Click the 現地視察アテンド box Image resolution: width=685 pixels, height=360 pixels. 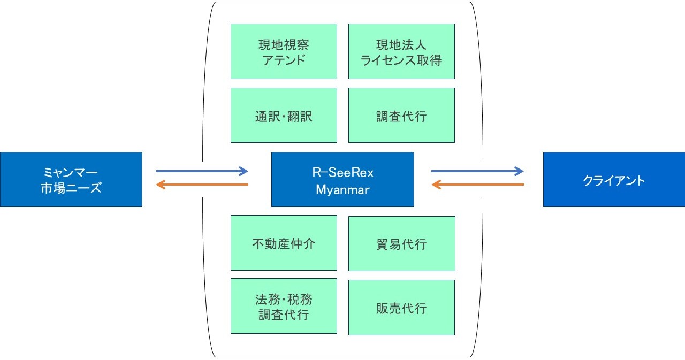pyautogui.click(x=284, y=51)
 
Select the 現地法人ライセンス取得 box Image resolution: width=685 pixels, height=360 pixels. pyautogui.click(x=401, y=51)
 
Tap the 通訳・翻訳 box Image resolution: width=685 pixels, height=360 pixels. pyautogui.click(x=284, y=116)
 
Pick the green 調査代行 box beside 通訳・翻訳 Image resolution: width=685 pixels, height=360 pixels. pyautogui.click(x=401, y=116)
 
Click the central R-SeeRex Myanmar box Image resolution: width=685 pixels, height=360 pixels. pyautogui.click(x=342, y=179)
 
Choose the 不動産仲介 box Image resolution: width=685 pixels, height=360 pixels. pyautogui.click(x=284, y=243)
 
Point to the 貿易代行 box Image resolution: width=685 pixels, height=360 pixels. pyautogui.click(x=401, y=243)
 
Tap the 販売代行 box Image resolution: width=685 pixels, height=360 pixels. pyautogui.click(x=401, y=308)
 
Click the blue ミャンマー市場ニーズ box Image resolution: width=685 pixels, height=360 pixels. pyautogui.click(x=71, y=179)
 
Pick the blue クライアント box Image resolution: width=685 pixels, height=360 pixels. pyautogui.click(x=614, y=179)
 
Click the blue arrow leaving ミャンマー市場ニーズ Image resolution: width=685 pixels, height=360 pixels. pyautogui.click(x=202, y=171)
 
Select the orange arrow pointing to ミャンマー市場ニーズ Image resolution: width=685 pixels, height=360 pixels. pyautogui.click(x=202, y=185)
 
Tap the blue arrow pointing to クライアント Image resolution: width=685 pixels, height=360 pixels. pyautogui.click(x=477, y=171)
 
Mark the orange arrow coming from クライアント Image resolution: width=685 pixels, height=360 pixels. pyautogui.click(x=477, y=185)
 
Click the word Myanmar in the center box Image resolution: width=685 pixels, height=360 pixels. pyautogui.click(x=342, y=189)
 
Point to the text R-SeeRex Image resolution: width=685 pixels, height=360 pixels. pyautogui.click(x=342, y=172)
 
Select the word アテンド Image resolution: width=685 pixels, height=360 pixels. pyautogui.click(x=284, y=60)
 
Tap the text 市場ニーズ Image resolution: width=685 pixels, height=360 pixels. pyautogui.click(x=71, y=188)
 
